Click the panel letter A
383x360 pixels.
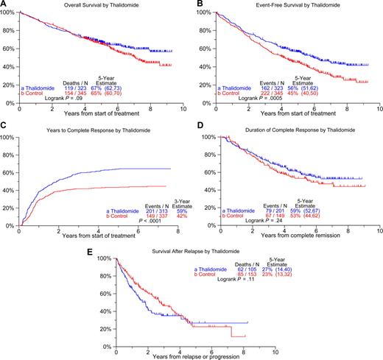(x=4, y=4)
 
